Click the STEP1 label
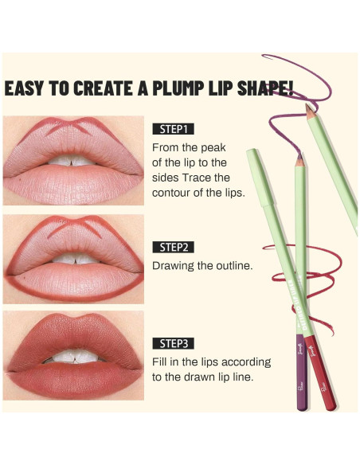(x=172, y=128)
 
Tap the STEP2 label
(x=172, y=247)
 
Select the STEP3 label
(x=172, y=344)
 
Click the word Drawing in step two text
(x=176, y=265)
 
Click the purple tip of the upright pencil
(x=299, y=164)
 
